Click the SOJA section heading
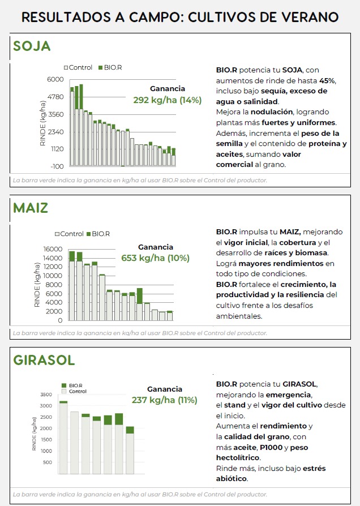pyautogui.click(x=32, y=46)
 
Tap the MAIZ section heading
pyautogui.click(x=31, y=208)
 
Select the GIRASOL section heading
pyautogui.click(x=44, y=360)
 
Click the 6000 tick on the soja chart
pyautogui.click(x=56, y=79)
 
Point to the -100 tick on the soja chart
pyautogui.click(x=57, y=166)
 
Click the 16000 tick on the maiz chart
pyautogui.click(x=53, y=249)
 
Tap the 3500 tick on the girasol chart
pyautogui.click(x=46, y=394)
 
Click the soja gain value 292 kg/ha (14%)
pyautogui.click(x=168, y=100)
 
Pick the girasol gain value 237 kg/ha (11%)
pyautogui.click(x=165, y=400)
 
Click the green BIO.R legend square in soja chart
pyautogui.click(x=100, y=68)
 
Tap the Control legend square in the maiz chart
pyautogui.click(x=57, y=234)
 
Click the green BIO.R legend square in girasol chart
pyautogui.click(x=64, y=385)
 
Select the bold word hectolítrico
pyautogui.click(x=238, y=457)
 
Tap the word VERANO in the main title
pyautogui.click(x=303, y=17)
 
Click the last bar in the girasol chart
pyautogui.click(x=130, y=450)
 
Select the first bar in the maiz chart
pyautogui.click(x=72, y=286)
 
